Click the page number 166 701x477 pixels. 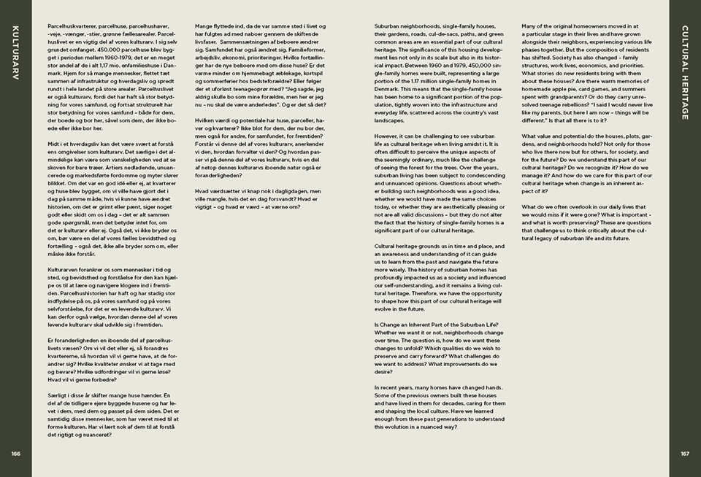[16, 454]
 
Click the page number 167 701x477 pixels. [685, 454]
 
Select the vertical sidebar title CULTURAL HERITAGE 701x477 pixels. [685, 72]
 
